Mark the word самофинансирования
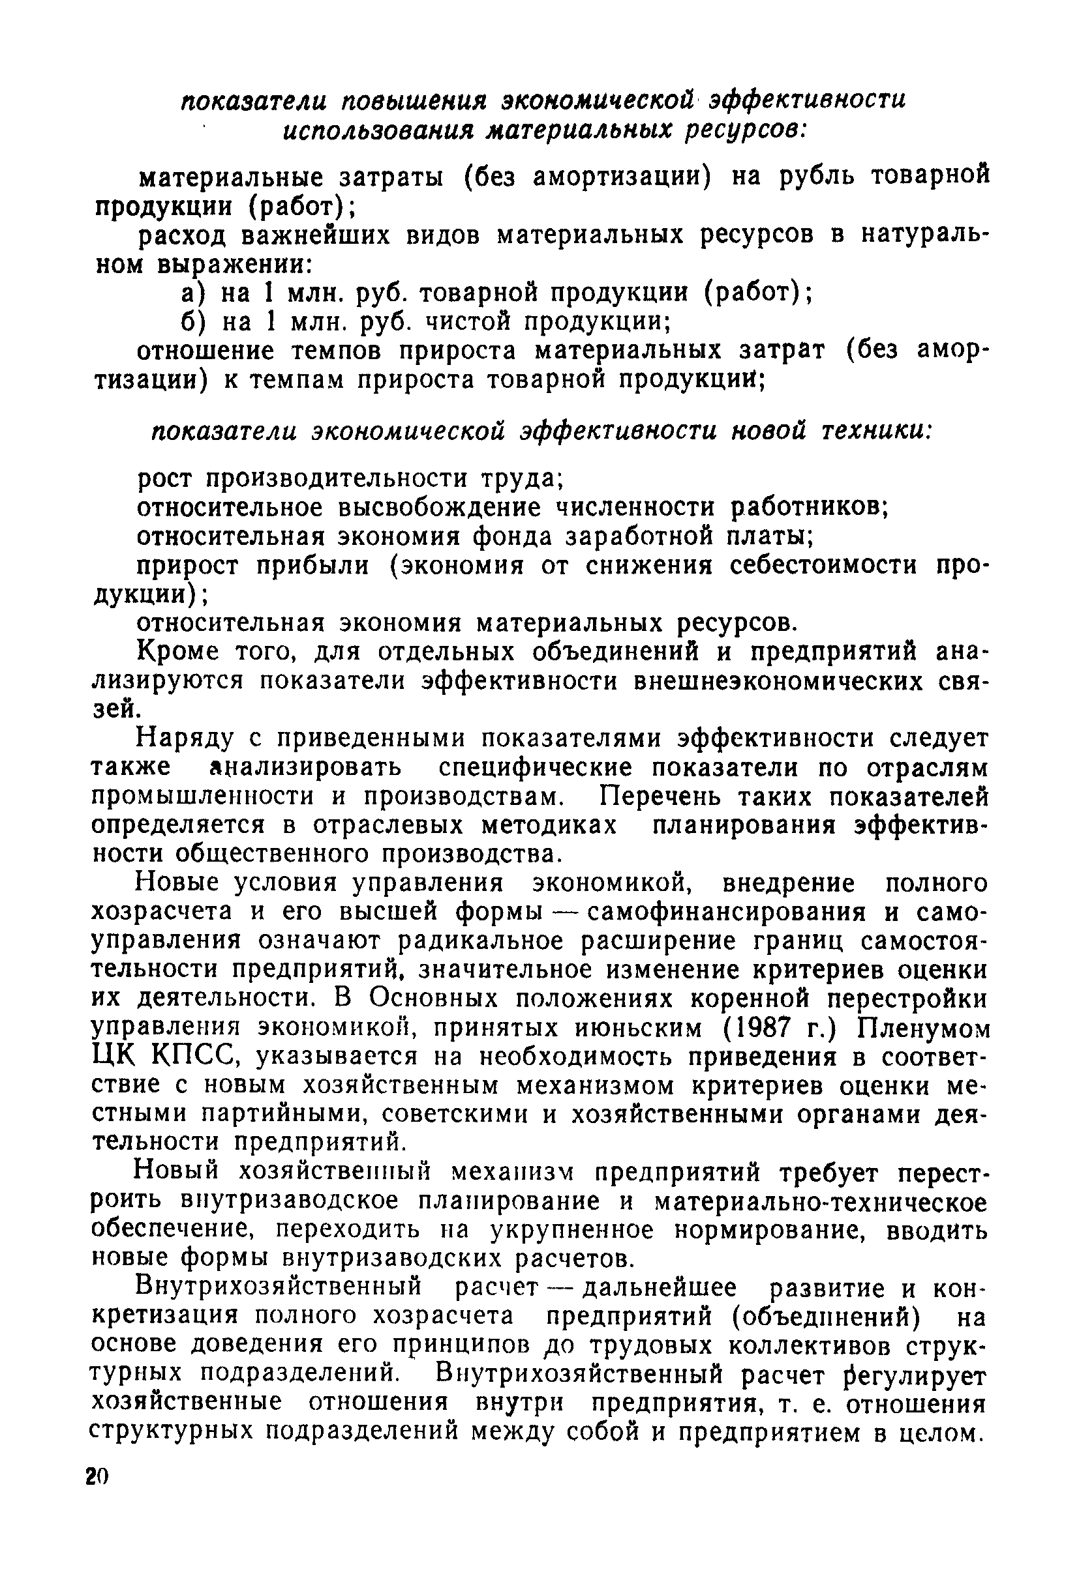click(726, 913)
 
